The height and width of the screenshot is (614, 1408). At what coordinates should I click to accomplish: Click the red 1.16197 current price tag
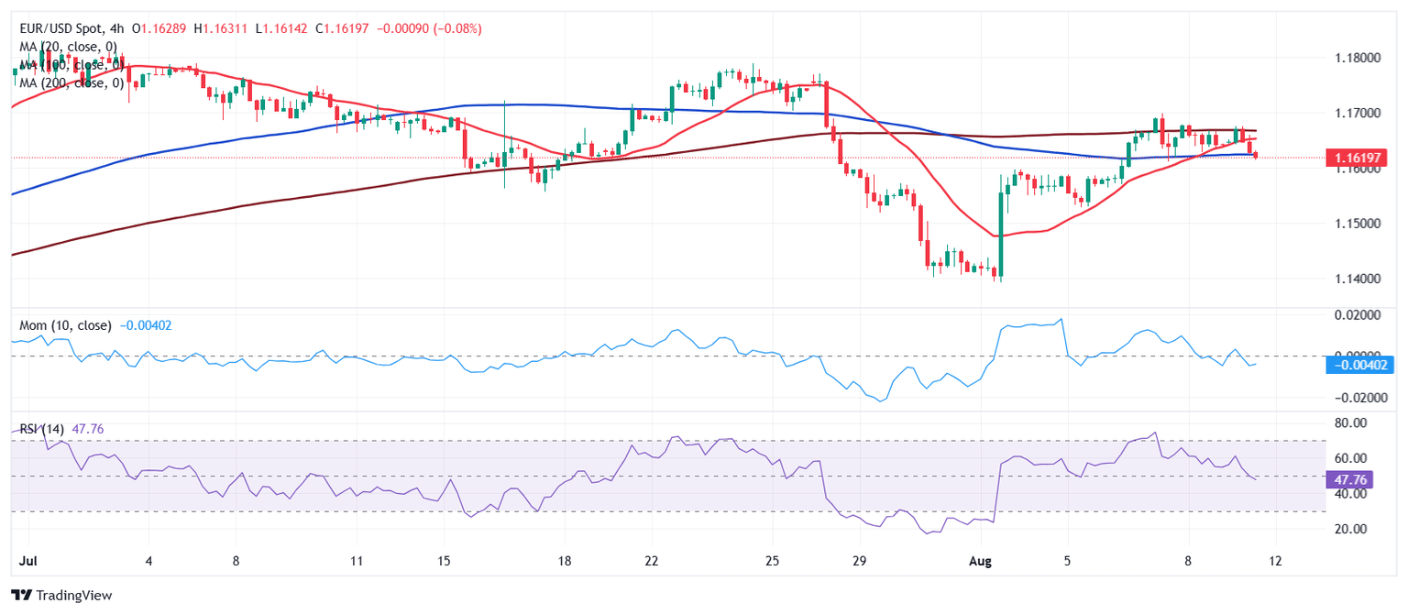click(x=1359, y=159)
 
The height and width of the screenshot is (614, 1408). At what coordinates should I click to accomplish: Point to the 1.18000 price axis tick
click(x=1358, y=58)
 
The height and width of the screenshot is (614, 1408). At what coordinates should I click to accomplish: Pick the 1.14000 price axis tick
click(x=1358, y=279)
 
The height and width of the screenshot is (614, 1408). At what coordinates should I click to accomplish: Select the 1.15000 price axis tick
click(x=1358, y=224)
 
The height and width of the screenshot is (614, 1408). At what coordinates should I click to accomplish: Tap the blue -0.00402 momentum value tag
click(x=1359, y=365)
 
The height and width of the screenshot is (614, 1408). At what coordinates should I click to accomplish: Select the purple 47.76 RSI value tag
click(x=1347, y=479)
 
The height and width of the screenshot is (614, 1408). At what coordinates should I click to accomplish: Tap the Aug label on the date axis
click(x=981, y=560)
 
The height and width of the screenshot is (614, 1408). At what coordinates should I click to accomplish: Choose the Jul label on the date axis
click(x=27, y=560)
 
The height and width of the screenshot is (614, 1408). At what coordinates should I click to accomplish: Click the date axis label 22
click(x=651, y=560)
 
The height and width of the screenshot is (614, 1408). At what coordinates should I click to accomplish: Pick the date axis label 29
click(x=858, y=560)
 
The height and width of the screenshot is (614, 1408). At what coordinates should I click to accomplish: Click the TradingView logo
click(x=61, y=596)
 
